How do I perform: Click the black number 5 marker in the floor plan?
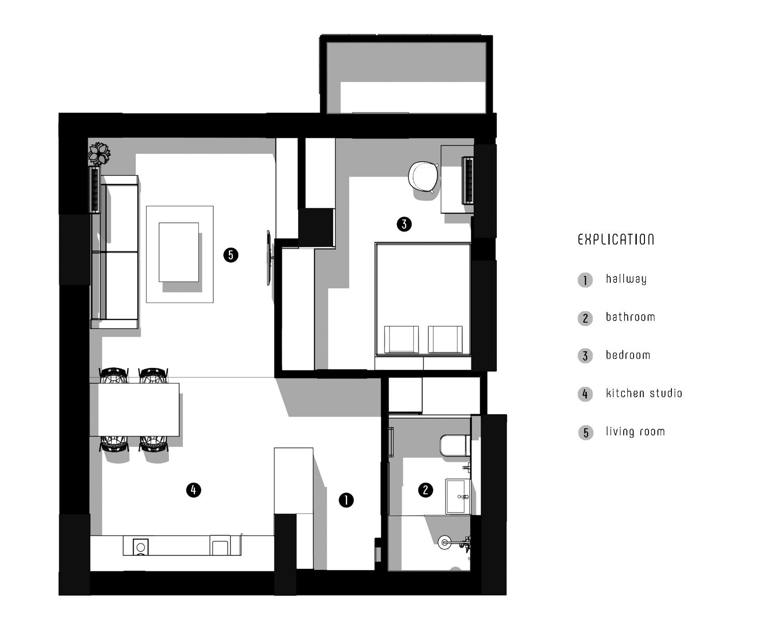pos(231,255)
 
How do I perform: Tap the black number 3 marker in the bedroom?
pos(404,224)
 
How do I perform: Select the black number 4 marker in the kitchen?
pos(194,490)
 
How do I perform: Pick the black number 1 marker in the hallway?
pos(346,500)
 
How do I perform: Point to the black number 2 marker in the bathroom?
pos(426,490)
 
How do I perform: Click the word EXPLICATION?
pos(616,239)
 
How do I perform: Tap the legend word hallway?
pos(626,279)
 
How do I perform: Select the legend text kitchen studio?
pos(644,393)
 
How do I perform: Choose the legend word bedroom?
pos(628,355)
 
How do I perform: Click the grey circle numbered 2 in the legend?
pos(585,318)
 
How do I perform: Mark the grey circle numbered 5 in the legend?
pos(585,433)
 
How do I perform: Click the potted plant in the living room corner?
pos(99,154)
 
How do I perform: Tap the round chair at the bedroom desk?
pos(423,177)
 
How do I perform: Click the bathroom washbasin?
pos(458,496)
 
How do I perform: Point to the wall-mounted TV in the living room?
pos(269,258)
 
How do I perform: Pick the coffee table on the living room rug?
pos(179,252)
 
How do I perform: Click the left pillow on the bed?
pos(401,339)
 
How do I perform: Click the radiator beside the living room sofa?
pos(95,189)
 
